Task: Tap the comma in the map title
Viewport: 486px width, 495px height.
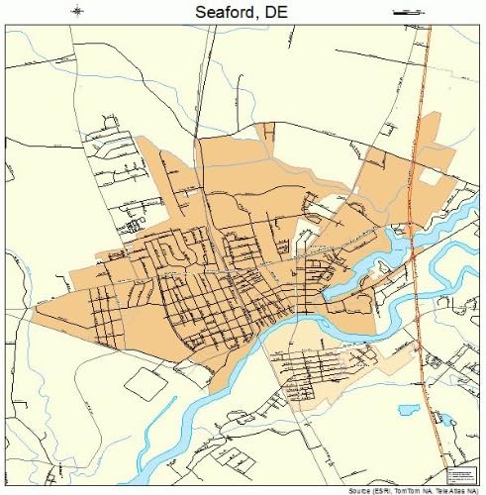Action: point(263,16)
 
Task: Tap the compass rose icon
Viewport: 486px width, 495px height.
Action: point(79,12)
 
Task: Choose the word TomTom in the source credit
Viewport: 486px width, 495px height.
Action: point(404,490)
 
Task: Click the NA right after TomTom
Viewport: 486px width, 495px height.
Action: point(425,490)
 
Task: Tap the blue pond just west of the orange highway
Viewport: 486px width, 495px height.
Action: point(408,408)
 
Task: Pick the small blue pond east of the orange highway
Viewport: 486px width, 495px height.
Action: point(447,420)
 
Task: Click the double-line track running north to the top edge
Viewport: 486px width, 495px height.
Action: point(202,79)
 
